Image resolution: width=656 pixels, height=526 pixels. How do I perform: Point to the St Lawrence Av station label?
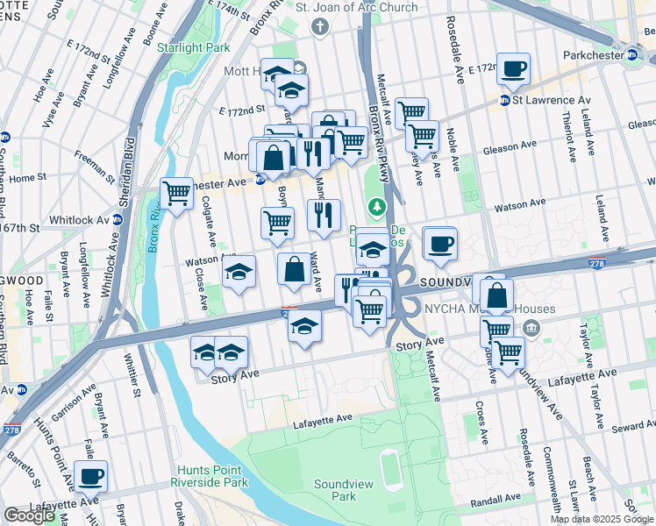tap(542, 100)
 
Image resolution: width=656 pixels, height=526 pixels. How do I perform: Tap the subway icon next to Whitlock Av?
tap(116, 219)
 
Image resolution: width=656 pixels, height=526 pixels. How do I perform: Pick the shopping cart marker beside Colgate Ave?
tap(177, 193)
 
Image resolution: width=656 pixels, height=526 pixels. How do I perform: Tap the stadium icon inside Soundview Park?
tap(387, 459)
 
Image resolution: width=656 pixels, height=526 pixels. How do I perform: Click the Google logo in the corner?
tap(29, 515)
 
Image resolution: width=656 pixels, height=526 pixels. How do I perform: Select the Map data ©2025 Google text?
tap(602, 519)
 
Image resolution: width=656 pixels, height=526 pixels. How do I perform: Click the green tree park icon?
tap(377, 207)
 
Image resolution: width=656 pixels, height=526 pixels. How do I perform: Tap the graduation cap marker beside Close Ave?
tap(238, 272)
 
